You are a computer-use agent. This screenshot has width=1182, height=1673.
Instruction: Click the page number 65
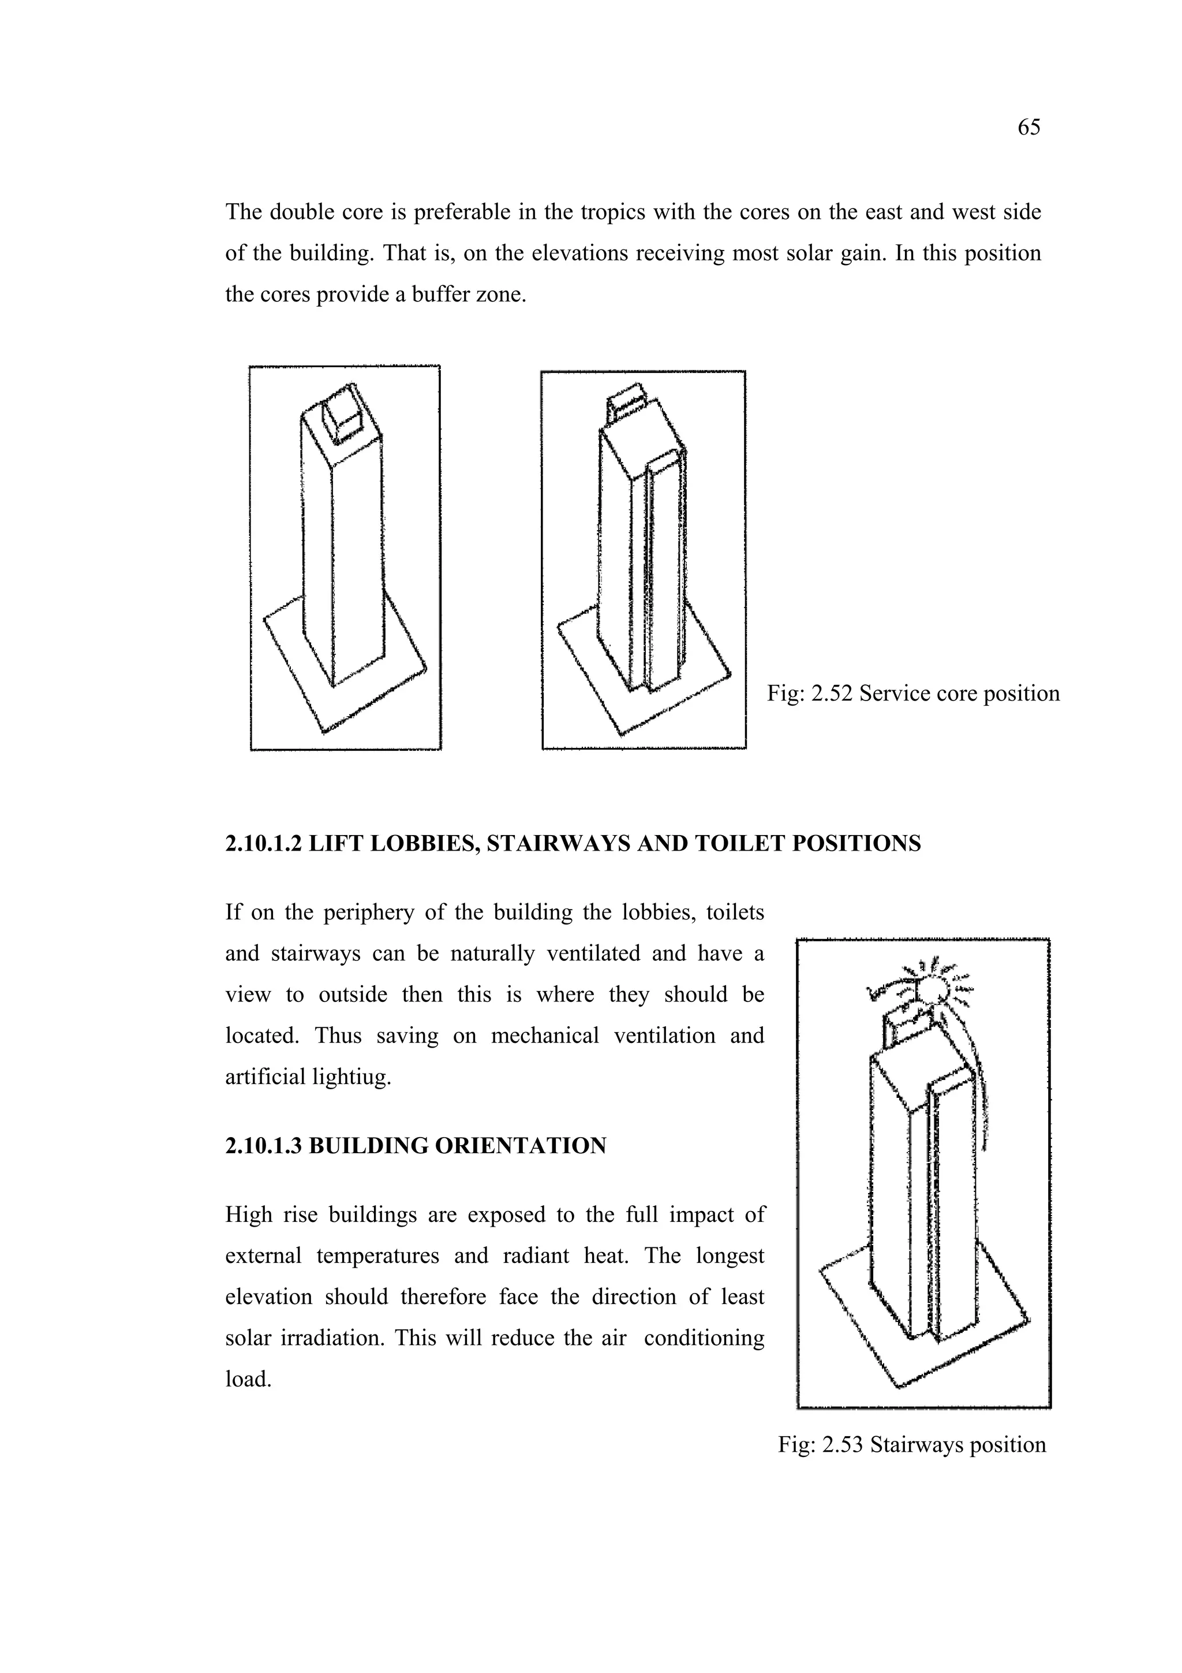[1028, 128]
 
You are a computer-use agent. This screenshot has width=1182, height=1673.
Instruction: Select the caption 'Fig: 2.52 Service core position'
[912, 693]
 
